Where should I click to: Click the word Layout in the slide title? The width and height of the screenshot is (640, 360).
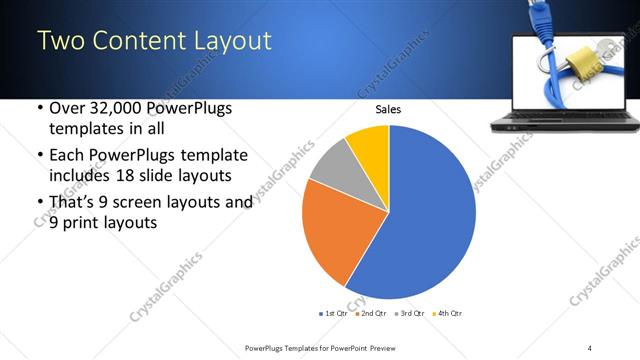(226, 41)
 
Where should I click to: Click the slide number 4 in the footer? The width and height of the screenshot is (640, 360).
(589, 347)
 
